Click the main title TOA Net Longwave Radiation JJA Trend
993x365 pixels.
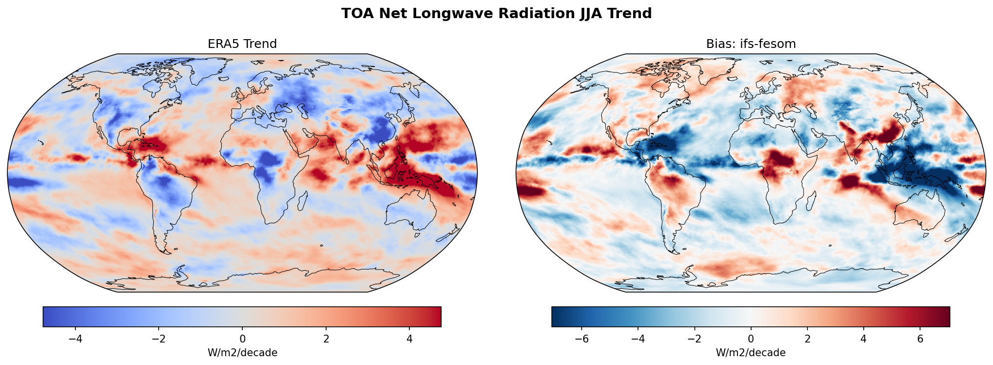click(496, 14)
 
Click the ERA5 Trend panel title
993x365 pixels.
click(242, 44)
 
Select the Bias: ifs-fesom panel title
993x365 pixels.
click(751, 44)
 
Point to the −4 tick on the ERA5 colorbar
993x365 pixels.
click(75, 339)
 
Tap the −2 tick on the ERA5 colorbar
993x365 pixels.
click(159, 339)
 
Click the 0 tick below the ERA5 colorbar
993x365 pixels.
click(242, 339)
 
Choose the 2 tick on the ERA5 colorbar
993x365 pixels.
click(326, 339)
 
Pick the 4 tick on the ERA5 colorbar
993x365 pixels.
click(409, 339)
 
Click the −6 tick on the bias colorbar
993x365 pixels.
click(581, 339)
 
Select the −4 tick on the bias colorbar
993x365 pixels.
click(638, 339)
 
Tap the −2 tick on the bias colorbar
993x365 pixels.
click(694, 339)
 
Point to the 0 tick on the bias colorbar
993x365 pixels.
click(751, 339)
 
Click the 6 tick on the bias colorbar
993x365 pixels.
click(920, 339)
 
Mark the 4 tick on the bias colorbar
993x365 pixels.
click(864, 339)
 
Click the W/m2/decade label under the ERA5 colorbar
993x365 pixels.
click(242, 353)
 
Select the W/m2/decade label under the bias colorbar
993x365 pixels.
click(751, 353)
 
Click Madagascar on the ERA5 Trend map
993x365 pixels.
click(303, 201)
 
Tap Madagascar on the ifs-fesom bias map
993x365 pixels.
click(811, 201)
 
